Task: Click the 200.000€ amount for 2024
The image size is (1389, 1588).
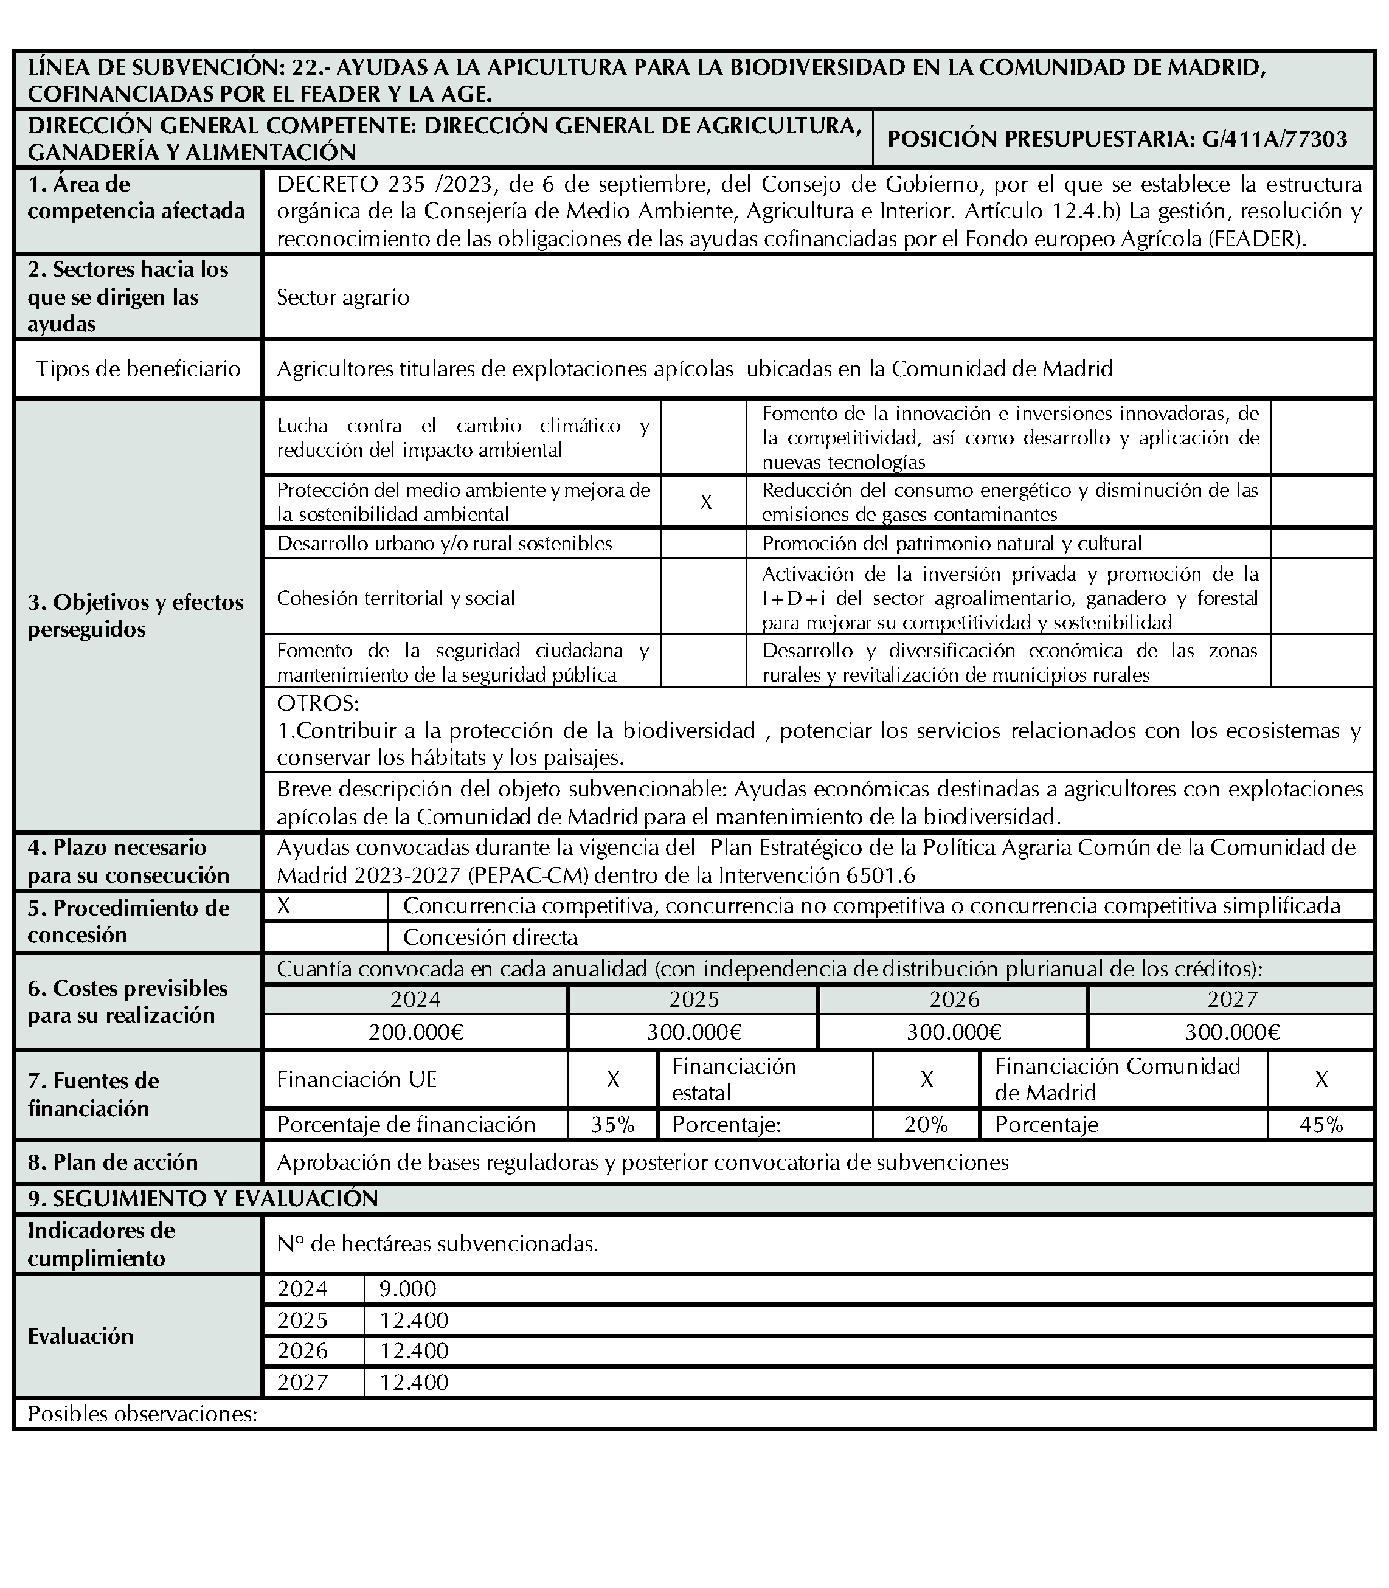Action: pos(415,1032)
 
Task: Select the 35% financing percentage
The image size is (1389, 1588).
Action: pos(612,1125)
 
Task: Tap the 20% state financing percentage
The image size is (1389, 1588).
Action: pos(926,1125)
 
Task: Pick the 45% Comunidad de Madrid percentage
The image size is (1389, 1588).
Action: pos(1321,1125)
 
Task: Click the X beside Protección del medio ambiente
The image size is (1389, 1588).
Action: pos(705,502)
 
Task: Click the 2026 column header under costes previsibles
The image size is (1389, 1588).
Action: pos(954,999)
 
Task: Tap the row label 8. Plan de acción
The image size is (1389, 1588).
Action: pos(113,1162)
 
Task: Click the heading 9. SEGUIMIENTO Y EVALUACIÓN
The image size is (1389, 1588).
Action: pos(203,1199)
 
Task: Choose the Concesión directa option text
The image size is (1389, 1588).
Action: pos(490,937)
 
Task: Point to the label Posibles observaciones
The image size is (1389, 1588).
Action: pos(142,1414)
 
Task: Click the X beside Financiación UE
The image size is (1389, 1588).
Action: pos(612,1080)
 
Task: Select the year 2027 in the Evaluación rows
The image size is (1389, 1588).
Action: pos(302,1383)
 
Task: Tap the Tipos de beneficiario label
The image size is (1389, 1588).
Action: pos(138,369)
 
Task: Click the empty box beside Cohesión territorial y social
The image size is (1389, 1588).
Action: pos(704,598)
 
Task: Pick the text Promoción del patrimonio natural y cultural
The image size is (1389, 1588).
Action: pos(952,544)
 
